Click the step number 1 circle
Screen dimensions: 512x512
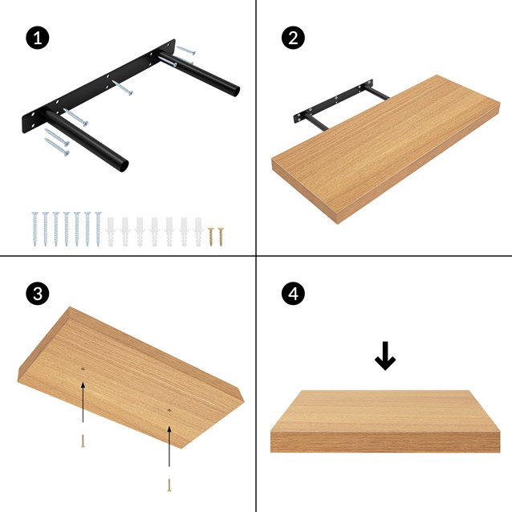pyautogui.click(x=35, y=38)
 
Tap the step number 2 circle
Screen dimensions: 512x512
pyautogui.click(x=293, y=38)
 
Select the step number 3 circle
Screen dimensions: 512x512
pyautogui.click(x=35, y=294)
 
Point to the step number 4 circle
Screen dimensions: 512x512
pyautogui.click(x=293, y=294)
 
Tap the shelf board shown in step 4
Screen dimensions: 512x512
pyautogui.click(x=385, y=421)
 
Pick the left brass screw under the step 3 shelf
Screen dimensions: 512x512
pyautogui.click(x=83, y=440)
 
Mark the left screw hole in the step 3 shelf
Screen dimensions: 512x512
pyautogui.click(x=83, y=369)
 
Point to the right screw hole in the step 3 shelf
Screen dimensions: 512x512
pyautogui.click(x=169, y=411)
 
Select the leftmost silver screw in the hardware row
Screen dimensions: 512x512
pyautogui.click(x=35, y=229)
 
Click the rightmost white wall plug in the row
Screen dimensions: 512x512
pyautogui.click(x=197, y=230)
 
